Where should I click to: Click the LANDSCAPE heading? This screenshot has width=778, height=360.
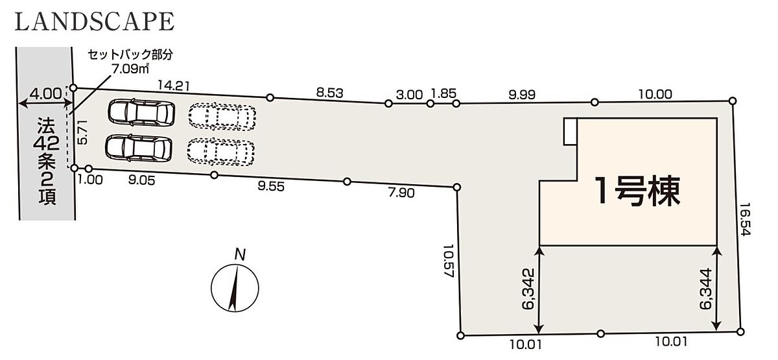pyautogui.click(x=95, y=21)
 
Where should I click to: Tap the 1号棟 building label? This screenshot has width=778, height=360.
pyautogui.click(x=637, y=191)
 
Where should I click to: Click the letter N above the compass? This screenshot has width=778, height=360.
pyautogui.click(x=240, y=255)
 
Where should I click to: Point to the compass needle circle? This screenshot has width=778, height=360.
pyautogui.click(x=235, y=288)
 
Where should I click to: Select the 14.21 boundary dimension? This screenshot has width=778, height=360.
pyautogui.click(x=174, y=86)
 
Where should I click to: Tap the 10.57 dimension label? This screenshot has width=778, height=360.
pyautogui.click(x=449, y=260)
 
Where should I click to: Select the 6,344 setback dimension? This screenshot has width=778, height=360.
pyautogui.click(x=706, y=289)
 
